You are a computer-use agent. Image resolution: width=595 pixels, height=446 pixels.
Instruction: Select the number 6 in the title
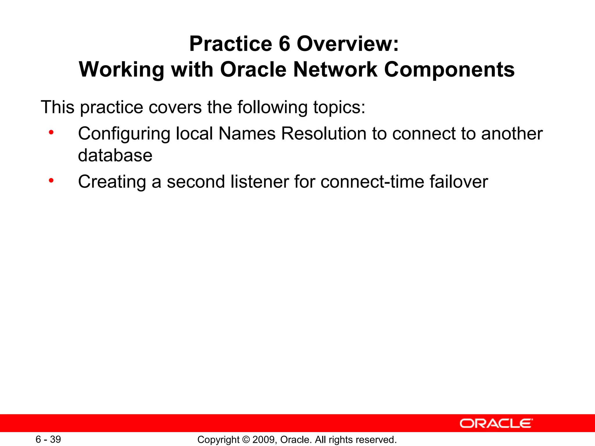[x=284, y=44]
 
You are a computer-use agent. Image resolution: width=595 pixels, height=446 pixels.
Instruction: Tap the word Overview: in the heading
[x=348, y=44]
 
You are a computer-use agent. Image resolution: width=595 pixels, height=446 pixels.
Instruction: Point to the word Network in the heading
[x=335, y=70]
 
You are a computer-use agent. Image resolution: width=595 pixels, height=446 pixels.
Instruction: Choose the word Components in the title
[x=449, y=70]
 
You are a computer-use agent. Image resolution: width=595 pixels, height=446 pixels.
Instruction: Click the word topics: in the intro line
[x=339, y=107]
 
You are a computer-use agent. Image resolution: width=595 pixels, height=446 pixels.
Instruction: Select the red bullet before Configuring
[x=51, y=133]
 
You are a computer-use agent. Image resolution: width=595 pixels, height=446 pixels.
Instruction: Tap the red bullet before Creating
[x=51, y=181]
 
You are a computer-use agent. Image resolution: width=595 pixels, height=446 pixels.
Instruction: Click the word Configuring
[x=124, y=134]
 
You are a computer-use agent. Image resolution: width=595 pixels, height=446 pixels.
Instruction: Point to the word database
[x=115, y=155]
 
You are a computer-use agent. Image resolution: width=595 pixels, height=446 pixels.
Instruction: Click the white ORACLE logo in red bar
[x=496, y=424]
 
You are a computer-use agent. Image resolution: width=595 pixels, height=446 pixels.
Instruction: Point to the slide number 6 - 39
[x=48, y=439]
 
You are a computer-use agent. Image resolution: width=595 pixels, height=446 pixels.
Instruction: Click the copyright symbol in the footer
[x=246, y=440]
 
